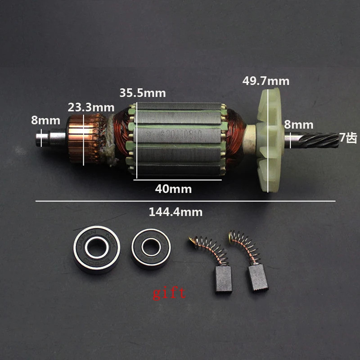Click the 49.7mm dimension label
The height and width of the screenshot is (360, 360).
(x=265, y=81)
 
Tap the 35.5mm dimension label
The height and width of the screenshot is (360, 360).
(x=142, y=93)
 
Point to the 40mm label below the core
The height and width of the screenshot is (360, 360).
(x=173, y=189)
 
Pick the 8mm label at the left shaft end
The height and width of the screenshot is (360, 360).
(x=45, y=121)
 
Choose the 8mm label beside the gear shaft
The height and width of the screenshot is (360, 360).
(x=299, y=125)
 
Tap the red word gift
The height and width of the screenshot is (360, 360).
(x=169, y=293)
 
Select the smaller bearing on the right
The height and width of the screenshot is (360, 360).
(x=151, y=249)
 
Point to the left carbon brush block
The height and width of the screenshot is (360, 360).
(x=223, y=279)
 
